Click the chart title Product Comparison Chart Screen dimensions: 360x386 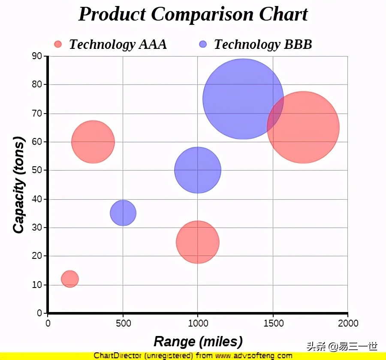193,14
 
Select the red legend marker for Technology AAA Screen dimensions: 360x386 58,44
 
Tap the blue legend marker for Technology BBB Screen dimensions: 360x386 203,44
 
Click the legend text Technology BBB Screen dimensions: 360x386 263,44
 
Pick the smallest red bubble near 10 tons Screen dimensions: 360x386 70,279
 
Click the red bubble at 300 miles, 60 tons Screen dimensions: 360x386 93,142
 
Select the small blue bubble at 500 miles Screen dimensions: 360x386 123,213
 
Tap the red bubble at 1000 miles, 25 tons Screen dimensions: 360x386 197,242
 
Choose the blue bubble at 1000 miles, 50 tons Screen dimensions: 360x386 197,170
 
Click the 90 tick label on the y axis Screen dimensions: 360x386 37,56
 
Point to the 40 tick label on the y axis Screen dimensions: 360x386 37,199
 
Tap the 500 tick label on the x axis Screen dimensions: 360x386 123,323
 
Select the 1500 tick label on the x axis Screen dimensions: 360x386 273,323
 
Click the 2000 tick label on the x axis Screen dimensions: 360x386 347,323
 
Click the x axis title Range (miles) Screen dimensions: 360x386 198,342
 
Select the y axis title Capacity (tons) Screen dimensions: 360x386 18,185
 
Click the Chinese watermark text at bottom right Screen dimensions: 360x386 342,345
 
